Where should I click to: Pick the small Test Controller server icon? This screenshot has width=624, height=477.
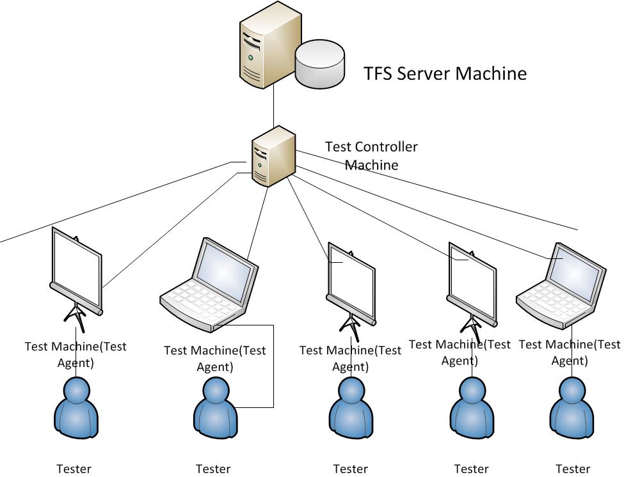pyautogui.click(x=273, y=157)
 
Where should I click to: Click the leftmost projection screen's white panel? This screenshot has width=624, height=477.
pyautogui.click(x=77, y=267)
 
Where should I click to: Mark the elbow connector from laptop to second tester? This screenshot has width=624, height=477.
pyautogui.click(x=273, y=364)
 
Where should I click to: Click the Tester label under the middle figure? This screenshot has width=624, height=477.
pyautogui.click(x=350, y=469)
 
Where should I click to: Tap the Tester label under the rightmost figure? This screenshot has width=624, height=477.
pyautogui.click(x=573, y=469)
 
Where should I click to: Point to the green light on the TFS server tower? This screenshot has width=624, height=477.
pyautogui.click(x=251, y=58)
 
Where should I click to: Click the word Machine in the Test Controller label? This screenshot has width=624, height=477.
pyautogui.click(x=372, y=165)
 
